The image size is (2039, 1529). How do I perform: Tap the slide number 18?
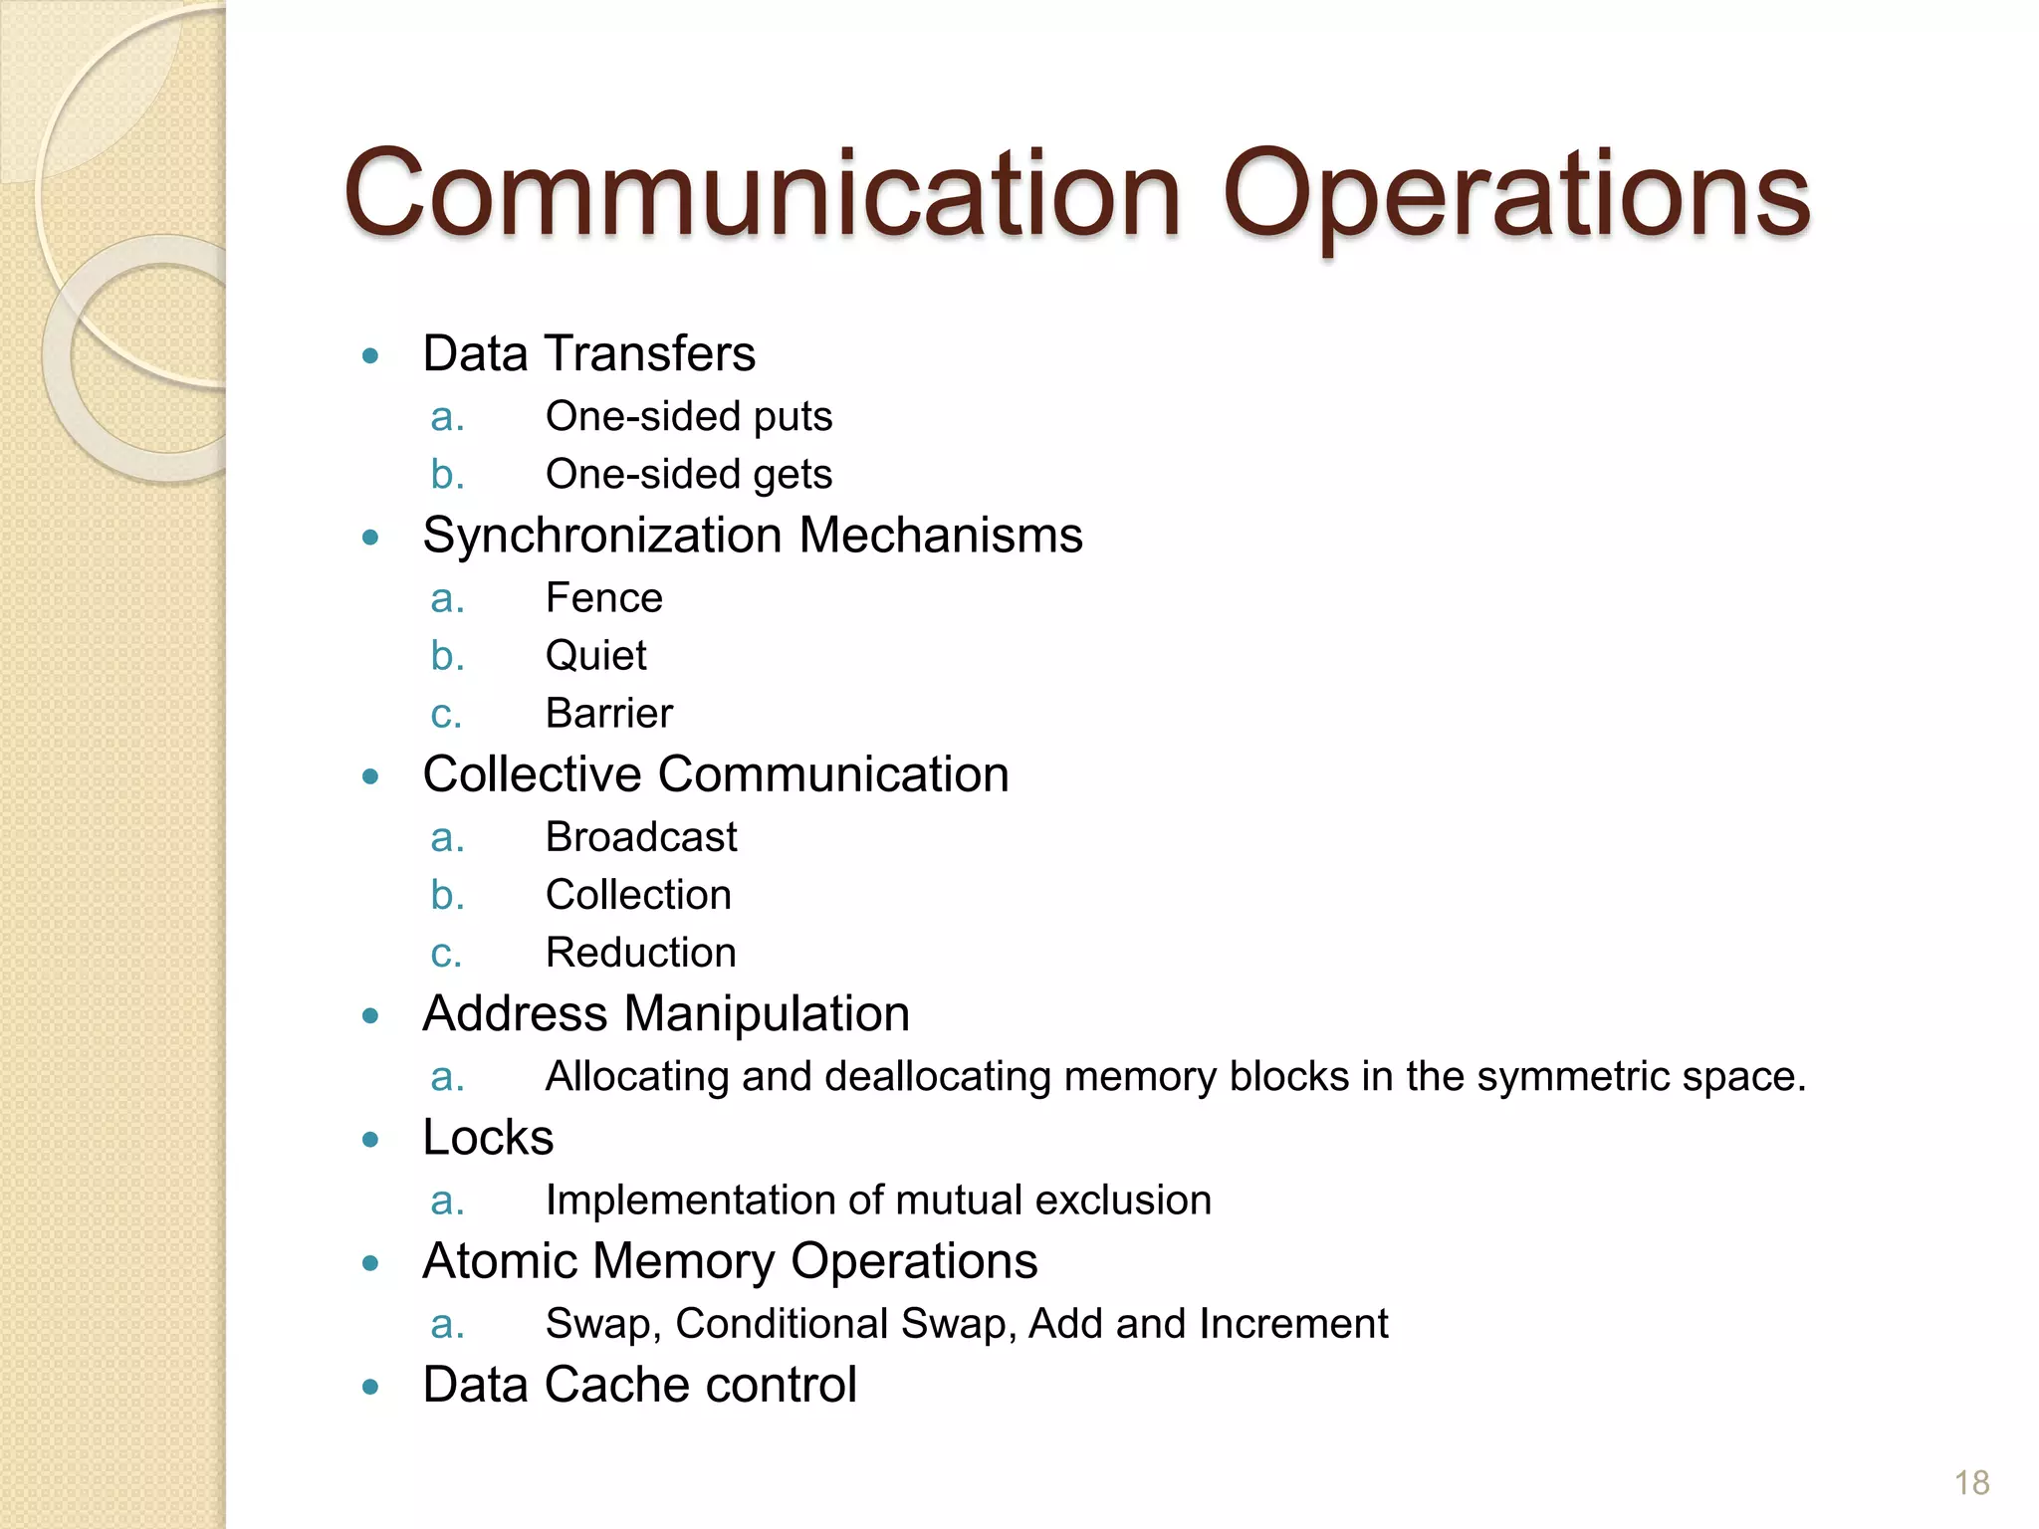tap(1971, 1483)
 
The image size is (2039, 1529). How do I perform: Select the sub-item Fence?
tap(603, 598)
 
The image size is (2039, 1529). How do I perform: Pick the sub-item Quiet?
tap(595, 656)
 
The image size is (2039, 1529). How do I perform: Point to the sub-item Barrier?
tap(608, 714)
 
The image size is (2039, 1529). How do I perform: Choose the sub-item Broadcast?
tap(641, 837)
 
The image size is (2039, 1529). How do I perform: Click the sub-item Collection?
tap(638, 895)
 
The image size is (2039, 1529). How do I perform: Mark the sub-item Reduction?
tap(640, 953)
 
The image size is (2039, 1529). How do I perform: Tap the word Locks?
tap(488, 1138)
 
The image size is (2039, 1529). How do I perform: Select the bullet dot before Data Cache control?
tap(371, 1387)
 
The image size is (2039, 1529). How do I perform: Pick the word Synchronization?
tap(602, 536)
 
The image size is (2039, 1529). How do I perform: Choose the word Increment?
tap(1293, 1324)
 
